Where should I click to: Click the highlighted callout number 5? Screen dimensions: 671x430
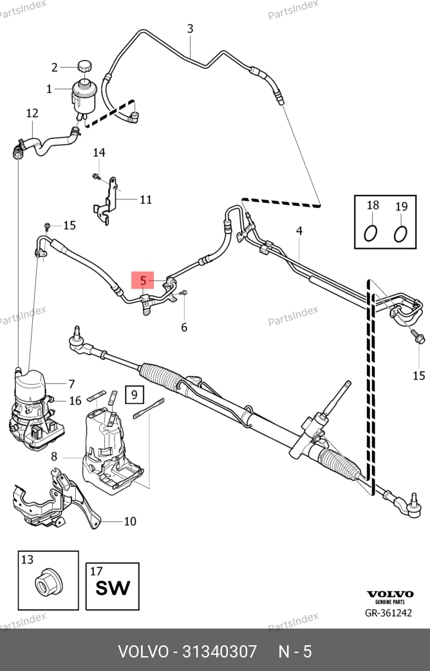pos(143,280)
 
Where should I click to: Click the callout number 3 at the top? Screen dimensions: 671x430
pos(190,28)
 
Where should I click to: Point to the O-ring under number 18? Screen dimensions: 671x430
pos(371,233)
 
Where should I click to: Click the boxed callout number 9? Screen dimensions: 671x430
pos(135,394)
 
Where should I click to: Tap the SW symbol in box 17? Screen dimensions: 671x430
pos(113,587)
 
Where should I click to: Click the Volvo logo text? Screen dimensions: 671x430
pos(389,594)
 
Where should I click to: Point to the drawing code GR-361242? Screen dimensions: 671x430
pos(389,613)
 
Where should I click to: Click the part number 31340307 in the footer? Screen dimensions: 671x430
pos(220,651)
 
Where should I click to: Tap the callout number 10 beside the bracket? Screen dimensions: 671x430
pos(130,521)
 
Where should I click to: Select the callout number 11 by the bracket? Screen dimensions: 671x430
pos(146,199)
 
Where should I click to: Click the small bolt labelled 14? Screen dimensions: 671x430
pos(96,176)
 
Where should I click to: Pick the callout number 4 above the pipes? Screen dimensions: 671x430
pos(299,231)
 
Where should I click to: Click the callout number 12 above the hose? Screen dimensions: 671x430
pos(32,114)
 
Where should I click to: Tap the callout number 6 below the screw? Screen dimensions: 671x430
pos(184,327)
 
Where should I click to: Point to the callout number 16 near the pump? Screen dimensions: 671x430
pos(75,401)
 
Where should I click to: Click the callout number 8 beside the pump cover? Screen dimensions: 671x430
pos(54,457)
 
